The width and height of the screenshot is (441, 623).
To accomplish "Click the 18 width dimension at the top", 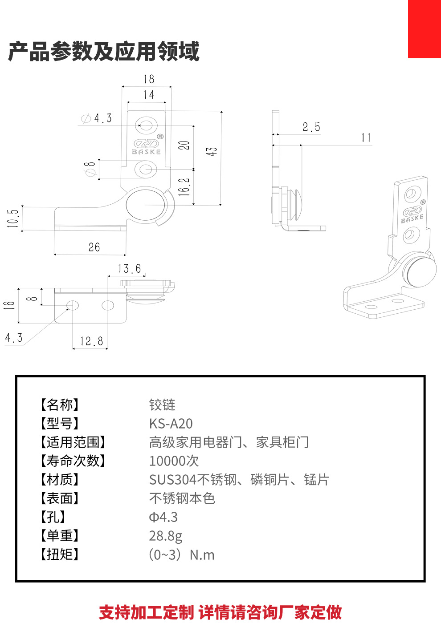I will (x=149, y=79).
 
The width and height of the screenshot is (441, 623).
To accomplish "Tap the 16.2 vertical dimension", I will (x=184, y=187).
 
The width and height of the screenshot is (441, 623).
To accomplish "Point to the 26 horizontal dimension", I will (x=94, y=247).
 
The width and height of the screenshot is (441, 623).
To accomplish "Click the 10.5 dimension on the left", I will (x=13, y=218).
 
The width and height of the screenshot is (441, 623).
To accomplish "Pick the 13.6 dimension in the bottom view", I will (x=129, y=269).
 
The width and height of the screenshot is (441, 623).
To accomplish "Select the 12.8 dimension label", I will (x=91, y=341).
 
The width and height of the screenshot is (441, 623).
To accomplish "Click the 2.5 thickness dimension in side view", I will (x=311, y=127).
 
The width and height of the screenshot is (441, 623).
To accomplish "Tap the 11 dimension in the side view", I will (x=366, y=138).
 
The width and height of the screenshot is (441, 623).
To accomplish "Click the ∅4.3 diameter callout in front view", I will (x=97, y=118).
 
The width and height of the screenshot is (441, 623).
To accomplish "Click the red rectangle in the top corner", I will (x=424, y=29).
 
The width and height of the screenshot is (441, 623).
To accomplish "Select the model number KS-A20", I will (x=171, y=424).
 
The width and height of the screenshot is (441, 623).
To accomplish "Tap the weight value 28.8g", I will (x=166, y=536).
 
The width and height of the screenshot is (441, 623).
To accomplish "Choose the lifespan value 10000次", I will (x=174, y=461).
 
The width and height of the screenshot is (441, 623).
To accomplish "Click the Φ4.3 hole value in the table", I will (x=163, y=517).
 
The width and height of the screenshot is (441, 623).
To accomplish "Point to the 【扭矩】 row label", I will (x=60, y=554).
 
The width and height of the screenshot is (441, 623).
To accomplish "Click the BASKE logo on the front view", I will (x=147, y=146).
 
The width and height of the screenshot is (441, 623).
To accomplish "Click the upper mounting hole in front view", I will (x=146, y=125).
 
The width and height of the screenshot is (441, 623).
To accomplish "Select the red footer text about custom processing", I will (x=220, y=612).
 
